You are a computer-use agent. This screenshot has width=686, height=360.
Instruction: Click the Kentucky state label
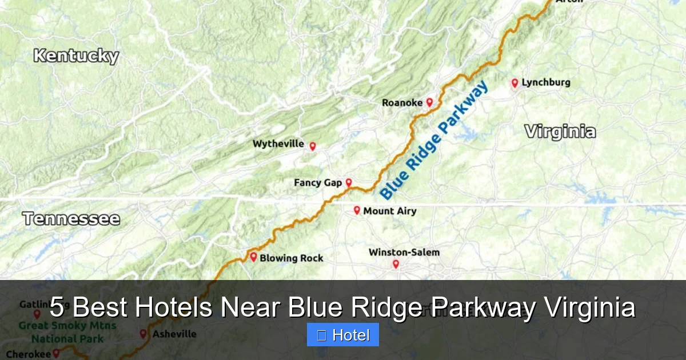[x=76, y=56]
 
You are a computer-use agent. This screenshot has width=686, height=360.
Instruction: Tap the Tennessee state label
[x=71, y=219]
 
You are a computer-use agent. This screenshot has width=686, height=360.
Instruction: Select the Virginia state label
[x=560, y=132]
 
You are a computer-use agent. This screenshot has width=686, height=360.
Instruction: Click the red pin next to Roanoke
[x=429, y=102]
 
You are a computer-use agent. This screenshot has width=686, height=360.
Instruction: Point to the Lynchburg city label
[x=546, y=82]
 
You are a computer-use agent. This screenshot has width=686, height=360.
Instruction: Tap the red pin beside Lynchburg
[x=514, y=83]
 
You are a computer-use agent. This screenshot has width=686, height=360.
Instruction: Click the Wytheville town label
[x=278, y=144]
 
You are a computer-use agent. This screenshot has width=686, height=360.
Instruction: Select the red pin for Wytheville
[x=313, y=146]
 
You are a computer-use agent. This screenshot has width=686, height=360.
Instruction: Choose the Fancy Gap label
[x=318, y=183]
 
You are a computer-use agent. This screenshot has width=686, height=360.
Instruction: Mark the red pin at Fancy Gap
[x=349, y=183]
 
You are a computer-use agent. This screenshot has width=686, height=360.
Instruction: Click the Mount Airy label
[x=390, y=211]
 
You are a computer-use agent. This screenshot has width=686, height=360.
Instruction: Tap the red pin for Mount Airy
[x=357, y=210]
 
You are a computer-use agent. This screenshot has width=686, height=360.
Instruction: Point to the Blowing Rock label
[x=292, y=258]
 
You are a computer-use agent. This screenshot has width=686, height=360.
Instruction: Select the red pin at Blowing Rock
[x=253, y=257]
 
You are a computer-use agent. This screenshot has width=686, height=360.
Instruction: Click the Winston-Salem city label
[x=404, y=252]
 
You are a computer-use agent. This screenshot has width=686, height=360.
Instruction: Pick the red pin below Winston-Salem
[x=395, y=264]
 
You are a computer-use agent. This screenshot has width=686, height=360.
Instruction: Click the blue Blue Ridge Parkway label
[x=434, y=141]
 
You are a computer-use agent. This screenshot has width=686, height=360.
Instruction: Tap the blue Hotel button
[x=343, y=335]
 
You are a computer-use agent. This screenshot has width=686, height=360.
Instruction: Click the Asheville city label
[x=174, y=334]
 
